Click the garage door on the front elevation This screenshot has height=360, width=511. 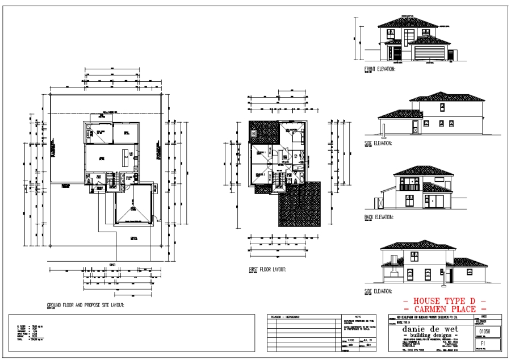(x=429, y=53)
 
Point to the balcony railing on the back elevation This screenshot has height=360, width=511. (x=409, y=186)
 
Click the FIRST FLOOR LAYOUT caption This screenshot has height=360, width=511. (x=267, y=270)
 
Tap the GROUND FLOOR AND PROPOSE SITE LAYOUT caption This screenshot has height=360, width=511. (x=85, y=305)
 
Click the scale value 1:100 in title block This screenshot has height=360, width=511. (x=350, y=338)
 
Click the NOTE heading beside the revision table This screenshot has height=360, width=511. (x=357, y=316)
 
